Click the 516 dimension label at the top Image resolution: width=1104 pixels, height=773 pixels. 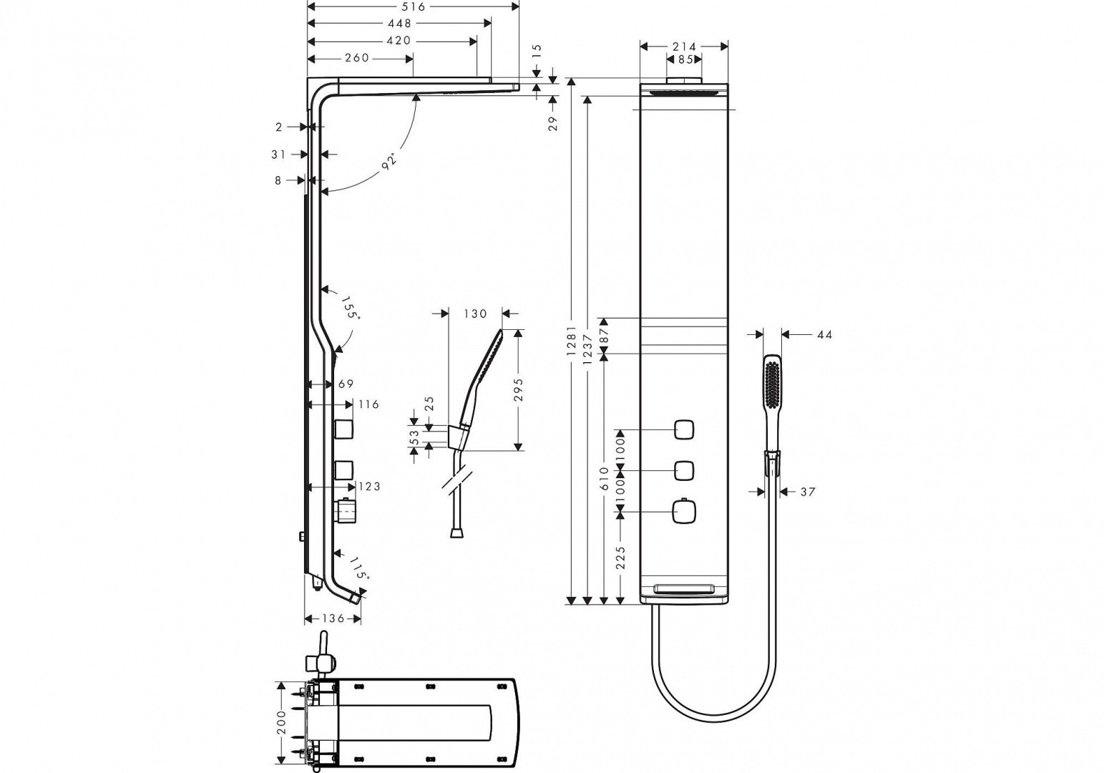point(414,6)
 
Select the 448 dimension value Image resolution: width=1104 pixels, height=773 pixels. point(399,23)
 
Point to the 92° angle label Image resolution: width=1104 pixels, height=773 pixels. point(389,161)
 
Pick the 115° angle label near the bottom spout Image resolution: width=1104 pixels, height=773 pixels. point(359,568)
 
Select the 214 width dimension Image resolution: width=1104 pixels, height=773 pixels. point(684,47)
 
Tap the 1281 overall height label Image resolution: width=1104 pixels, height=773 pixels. point(571,341)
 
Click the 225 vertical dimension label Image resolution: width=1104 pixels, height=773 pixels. point(620,558)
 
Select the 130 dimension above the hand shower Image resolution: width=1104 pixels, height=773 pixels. point(475,313)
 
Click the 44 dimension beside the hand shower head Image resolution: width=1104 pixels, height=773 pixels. point(824,335)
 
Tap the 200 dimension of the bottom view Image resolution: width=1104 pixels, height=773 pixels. point(281,722)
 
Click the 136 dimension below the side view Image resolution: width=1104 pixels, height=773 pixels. point(333,618)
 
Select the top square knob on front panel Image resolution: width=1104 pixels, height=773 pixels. point(683,430)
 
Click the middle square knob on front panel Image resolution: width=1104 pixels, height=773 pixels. point(683,471)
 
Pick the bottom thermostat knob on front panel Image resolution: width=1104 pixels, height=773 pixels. point(683,512)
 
